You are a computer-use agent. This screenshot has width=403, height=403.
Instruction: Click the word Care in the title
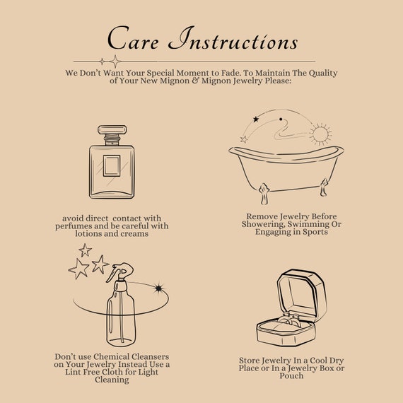click(133, 38)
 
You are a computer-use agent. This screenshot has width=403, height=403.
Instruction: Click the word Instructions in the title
click(233, 38)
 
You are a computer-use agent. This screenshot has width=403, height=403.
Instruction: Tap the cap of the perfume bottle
click(112, 129)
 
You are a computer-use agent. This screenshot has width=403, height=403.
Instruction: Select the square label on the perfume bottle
click(112, 165)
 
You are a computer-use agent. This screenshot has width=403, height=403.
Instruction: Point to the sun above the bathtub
click(320, 134)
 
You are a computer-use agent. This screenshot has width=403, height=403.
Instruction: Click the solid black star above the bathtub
click(256, 119)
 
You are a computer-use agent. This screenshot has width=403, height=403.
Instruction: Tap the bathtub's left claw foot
click(264, 194)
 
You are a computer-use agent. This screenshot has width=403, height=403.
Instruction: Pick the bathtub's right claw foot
click(324, 187)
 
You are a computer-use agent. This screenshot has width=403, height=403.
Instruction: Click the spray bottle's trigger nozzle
click(119, 272)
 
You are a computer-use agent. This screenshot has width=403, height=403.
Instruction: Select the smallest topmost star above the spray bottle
click(85, 250)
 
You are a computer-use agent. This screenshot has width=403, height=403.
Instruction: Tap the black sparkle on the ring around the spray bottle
click(159, 288)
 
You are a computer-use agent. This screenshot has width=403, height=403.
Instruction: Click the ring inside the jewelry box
click(290, 321)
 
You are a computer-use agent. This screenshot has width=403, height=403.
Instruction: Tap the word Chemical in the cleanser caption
click(112, 357)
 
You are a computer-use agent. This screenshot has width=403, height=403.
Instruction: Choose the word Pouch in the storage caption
click(291, 375)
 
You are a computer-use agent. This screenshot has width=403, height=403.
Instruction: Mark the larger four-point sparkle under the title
click(115, 62)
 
